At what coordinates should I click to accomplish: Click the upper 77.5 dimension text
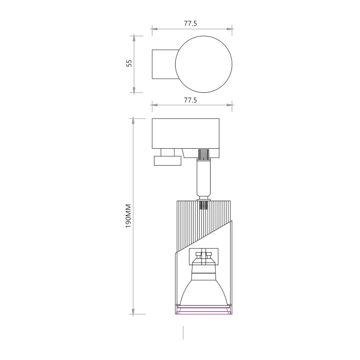[x=191, y=24]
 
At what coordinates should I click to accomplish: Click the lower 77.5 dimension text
[x=191, y=100]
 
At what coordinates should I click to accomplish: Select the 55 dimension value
[x=129, y=63]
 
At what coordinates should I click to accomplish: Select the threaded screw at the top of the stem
[x=204, y=154]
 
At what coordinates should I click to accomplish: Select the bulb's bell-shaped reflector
[x=204, y=291]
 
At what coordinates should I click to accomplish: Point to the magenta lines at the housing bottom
[x=204, y=312]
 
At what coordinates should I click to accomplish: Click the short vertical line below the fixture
[x=183, y=333]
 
